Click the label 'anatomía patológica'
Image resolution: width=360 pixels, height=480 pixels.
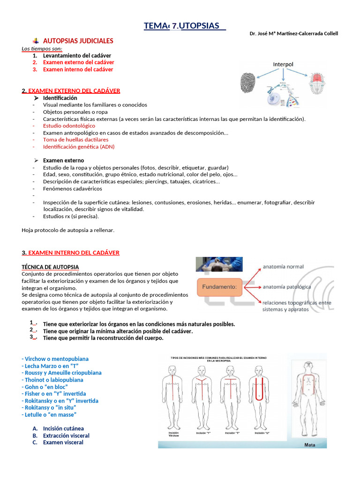287,286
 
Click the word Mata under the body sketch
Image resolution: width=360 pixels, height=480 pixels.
310,445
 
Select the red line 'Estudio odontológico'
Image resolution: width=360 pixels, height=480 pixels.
69,126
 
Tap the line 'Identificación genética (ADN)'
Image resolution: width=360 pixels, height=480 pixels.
79,147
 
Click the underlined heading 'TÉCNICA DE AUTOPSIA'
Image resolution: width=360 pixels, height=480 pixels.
50,267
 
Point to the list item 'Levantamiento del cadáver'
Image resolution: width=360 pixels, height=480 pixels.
77,55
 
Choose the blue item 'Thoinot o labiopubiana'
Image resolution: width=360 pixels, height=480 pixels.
52,380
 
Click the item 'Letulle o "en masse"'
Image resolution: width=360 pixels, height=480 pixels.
49,415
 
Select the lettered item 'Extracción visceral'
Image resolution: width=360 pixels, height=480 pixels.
66,435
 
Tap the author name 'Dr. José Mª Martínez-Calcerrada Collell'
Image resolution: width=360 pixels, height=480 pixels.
294,33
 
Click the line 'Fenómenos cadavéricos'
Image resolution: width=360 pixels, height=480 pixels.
72,188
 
